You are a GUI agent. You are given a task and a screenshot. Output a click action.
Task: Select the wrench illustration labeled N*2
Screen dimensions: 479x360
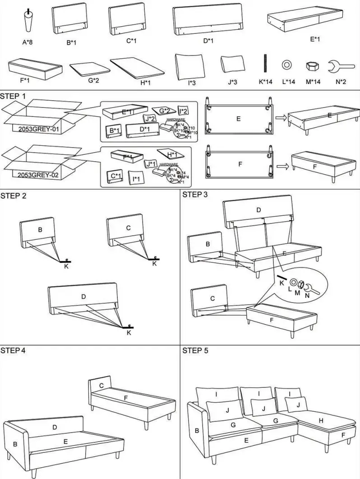pyautogui.click(x=340, y=66)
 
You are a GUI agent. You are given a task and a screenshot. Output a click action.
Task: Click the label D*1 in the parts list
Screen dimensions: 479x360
pyautogui.click(x=208, y=41)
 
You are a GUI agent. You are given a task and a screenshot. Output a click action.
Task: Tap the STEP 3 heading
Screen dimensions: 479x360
pyautogui.click(x=195, y=195)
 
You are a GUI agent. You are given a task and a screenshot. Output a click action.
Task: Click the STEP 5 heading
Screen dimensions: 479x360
pyautogui.click(x=195, y=350)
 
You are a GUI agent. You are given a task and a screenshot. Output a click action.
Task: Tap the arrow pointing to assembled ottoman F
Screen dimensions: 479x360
pyautogui.click(x=282, y=166)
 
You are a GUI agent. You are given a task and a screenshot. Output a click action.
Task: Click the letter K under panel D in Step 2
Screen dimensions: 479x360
pyautogui.click(x=129, y=333)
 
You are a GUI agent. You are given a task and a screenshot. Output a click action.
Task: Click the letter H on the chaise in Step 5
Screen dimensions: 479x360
pyautogui.click(x=321, y=420)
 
